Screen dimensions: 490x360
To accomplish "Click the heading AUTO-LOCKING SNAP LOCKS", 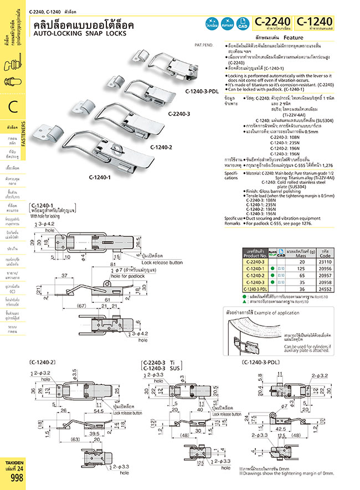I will [80, 33].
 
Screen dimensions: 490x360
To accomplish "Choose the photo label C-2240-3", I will [179, 114].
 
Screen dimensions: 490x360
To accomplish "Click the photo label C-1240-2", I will [161, 147].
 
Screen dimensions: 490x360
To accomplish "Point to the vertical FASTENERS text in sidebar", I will [23, 133].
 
